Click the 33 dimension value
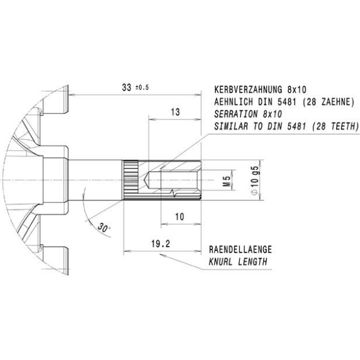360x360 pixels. tap(127, 88)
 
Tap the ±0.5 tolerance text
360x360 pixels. tap(142, 88)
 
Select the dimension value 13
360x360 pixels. tap(175, 112)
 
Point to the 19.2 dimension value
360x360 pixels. tap(161, 244)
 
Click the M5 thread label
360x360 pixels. tap(227, 181)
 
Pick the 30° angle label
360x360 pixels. tap(104, 227)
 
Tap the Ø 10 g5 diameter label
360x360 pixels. tap(255, 180)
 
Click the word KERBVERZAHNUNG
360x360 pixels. tap(248, 89)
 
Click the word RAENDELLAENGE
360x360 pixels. tap(241, 250)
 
